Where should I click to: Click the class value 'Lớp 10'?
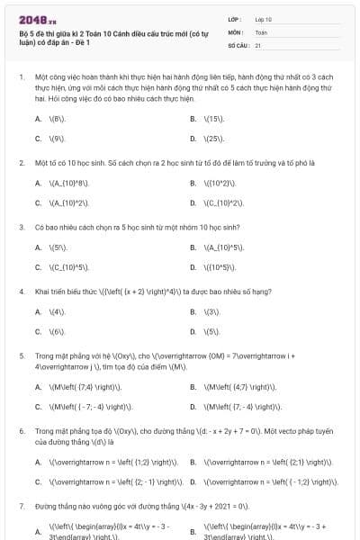click(x=264, y=18)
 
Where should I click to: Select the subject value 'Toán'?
click(x=261, y=31)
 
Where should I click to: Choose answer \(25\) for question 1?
click(x=213, y=139)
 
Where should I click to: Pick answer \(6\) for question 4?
click(x=57, y=331)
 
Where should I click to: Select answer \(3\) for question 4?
click(x=212, y=311)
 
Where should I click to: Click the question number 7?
click(x=21, y=507)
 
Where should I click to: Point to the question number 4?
click(x=21, y=292)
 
